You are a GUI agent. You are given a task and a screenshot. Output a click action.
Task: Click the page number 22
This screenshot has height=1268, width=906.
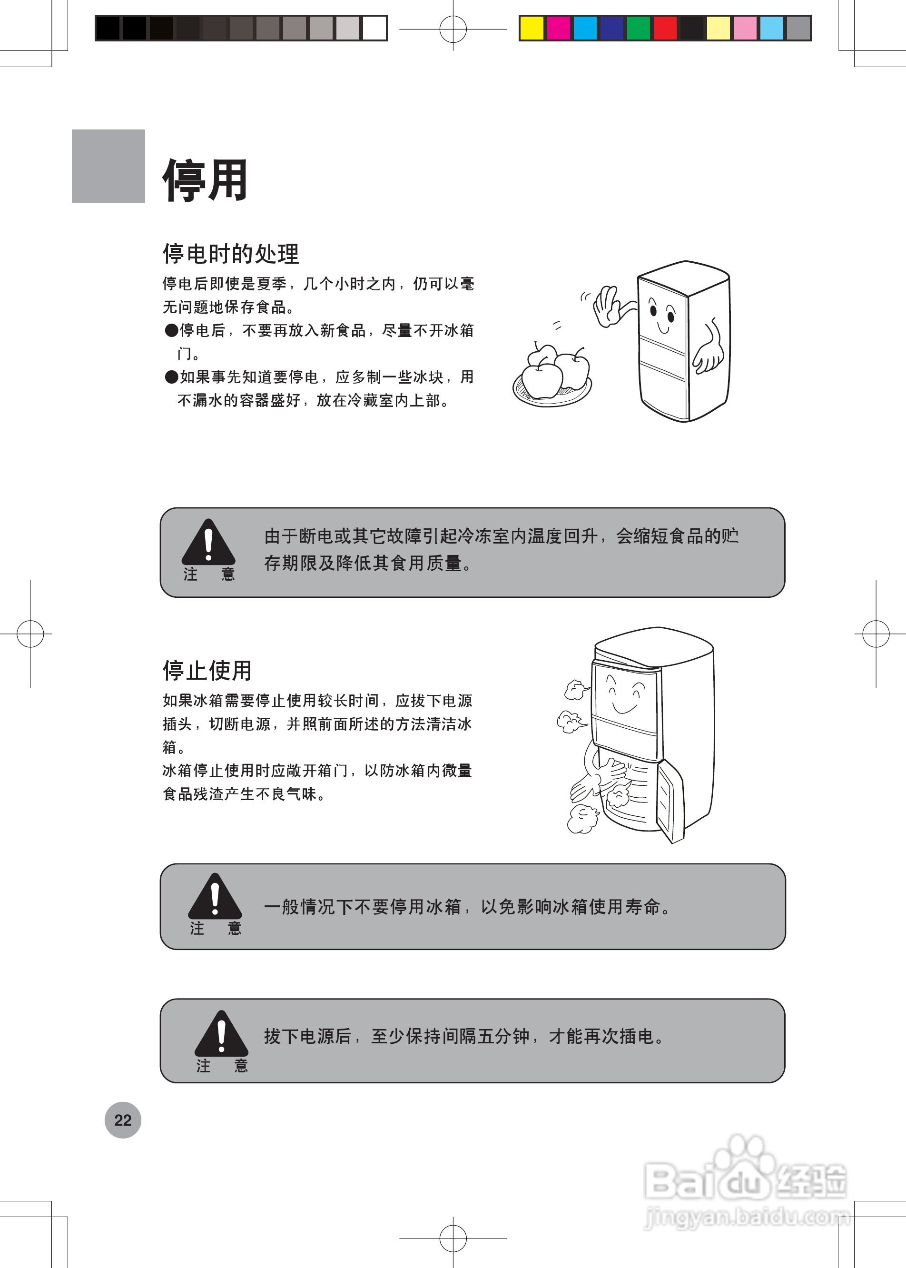tap(123, 1119)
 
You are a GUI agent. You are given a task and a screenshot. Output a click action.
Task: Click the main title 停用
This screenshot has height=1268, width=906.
tap(205, 180)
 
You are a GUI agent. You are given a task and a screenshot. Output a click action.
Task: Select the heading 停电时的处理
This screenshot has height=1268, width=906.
tap(231, 254)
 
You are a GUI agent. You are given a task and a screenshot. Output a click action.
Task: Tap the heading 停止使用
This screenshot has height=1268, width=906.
tap(207, 670)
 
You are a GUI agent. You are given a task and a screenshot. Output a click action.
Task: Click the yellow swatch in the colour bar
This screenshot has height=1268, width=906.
tap(532, 28)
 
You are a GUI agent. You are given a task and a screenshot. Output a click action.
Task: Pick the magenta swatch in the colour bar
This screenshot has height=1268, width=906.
tap(559, 28)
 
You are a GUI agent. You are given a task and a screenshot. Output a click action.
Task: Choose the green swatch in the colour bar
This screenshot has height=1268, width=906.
tap(638, 28)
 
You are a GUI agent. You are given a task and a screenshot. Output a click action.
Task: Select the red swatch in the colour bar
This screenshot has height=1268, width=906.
tap(665, 28)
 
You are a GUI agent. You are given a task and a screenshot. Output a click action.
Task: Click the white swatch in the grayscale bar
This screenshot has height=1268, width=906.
tap(374, 28)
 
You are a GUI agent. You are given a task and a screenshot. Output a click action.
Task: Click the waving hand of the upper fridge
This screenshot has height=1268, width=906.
tap(606, 307)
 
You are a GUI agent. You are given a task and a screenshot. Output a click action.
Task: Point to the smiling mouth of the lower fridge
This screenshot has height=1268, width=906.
tap(625, 709)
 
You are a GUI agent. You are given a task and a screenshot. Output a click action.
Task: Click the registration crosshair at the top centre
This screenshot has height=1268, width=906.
tap(453, 29)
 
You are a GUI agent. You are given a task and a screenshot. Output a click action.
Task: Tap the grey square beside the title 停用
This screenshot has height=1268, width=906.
tap(108, 166)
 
